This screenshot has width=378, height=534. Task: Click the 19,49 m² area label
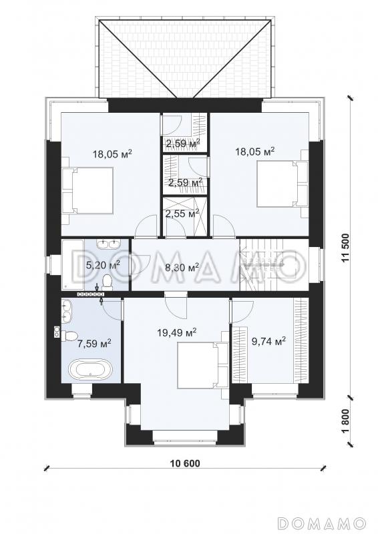[x=177, y=332]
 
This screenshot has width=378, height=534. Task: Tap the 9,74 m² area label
[x=268, y=340]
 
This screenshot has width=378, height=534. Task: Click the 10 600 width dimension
[x=185, y=463]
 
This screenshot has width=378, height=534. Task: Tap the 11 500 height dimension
[x=346, y=248]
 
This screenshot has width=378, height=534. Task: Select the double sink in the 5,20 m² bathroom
[x=108, y=244]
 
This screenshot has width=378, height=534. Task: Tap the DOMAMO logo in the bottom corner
[x=321, y=523]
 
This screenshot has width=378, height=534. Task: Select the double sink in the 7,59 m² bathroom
[x=67, y=310]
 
